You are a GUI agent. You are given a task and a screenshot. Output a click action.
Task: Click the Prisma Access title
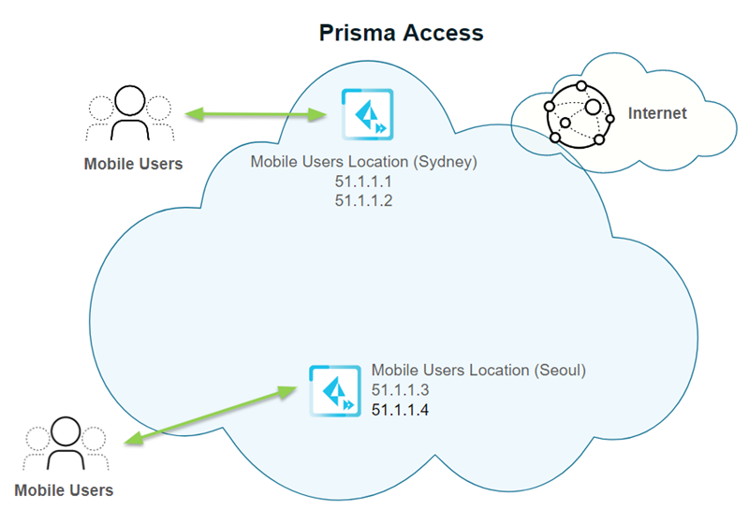click(401, 33)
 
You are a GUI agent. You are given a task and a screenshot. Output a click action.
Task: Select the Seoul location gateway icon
click(335, 391)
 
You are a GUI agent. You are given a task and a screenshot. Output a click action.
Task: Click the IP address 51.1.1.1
click(364, 181)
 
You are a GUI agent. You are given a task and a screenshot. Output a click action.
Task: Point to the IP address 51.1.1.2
click(364, 199)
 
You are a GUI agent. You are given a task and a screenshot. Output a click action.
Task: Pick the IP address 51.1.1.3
click(401, 390)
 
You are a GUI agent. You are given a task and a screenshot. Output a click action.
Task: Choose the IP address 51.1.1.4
click(401, 409)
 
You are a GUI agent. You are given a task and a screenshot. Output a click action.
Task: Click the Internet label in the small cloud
click(656, 113)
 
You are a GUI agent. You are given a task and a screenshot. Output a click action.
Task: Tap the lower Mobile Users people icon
click(66, 444)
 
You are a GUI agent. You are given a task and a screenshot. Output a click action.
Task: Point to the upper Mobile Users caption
click(133, 164)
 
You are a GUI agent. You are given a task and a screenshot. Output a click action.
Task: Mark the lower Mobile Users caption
click(64, 489)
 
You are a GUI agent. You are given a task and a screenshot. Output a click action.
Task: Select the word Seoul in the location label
click(558, 371)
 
